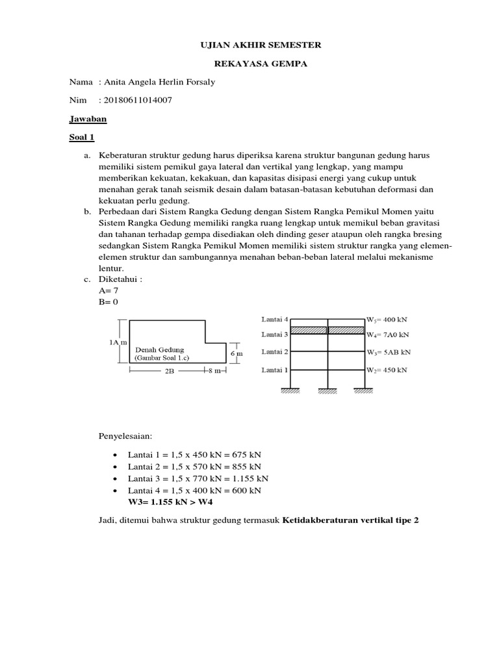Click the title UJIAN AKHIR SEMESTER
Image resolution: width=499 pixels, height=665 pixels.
tap(249, 45)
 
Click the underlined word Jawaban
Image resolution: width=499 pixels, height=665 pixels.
tap(88, 119)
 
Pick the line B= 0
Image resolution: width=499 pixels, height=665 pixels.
tap(108, 302)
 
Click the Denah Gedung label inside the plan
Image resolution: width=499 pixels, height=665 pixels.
tap(159, 349)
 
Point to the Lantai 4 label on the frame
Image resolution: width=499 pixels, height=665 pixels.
tap(275, 320)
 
